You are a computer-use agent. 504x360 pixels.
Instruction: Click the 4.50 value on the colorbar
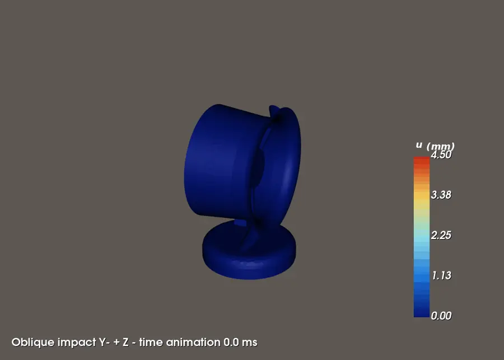coord(441,155)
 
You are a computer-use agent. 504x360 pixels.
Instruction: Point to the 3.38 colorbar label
coord(441,195)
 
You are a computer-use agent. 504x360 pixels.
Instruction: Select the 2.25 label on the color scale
coord(441,235)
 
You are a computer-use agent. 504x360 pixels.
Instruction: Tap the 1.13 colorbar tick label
coord(442,275)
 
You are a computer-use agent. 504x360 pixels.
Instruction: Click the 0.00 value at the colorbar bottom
coord(441,316)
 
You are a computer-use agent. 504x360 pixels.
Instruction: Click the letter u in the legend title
coord(419,145)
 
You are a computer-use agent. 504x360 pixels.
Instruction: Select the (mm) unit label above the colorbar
coord(440,146)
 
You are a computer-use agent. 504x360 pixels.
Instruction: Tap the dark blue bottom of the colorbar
coord(421,312)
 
